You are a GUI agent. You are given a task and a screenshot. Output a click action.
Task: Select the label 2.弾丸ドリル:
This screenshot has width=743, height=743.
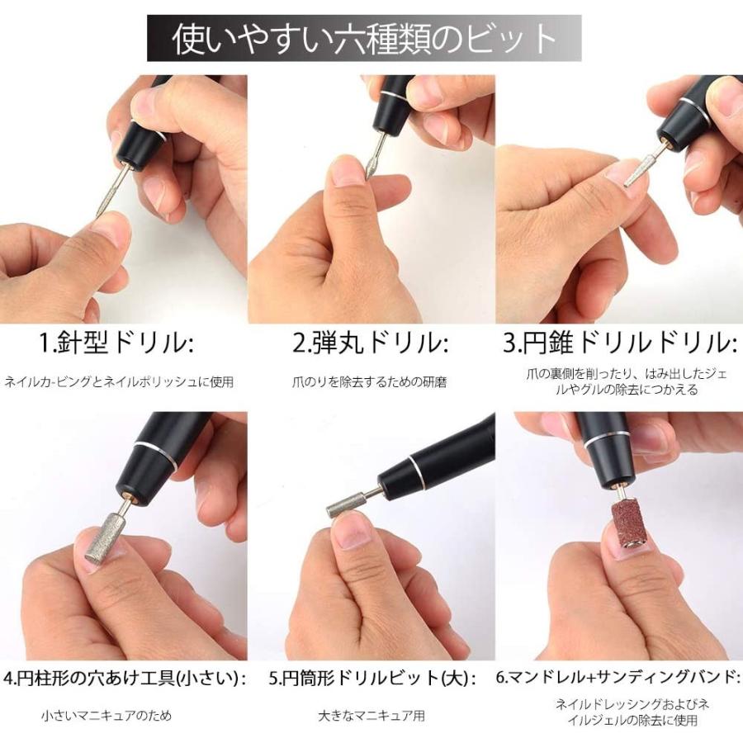[x=371, y=343]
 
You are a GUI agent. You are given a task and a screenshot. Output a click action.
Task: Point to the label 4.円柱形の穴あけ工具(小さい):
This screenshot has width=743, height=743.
[x=125, y=679]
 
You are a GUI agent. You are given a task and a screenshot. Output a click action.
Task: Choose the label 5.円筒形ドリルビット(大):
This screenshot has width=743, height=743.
[x=372, y=679]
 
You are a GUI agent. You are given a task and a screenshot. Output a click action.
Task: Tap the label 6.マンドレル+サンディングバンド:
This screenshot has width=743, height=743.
[x=618, y=679]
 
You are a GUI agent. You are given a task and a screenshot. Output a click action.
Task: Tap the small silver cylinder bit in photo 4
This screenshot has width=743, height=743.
[x=103, y=537]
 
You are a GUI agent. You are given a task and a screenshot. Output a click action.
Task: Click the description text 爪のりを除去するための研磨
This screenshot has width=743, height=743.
[x=370, y=382]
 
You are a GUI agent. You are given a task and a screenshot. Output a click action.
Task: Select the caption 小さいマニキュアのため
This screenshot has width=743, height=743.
[x=106, y=716]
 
